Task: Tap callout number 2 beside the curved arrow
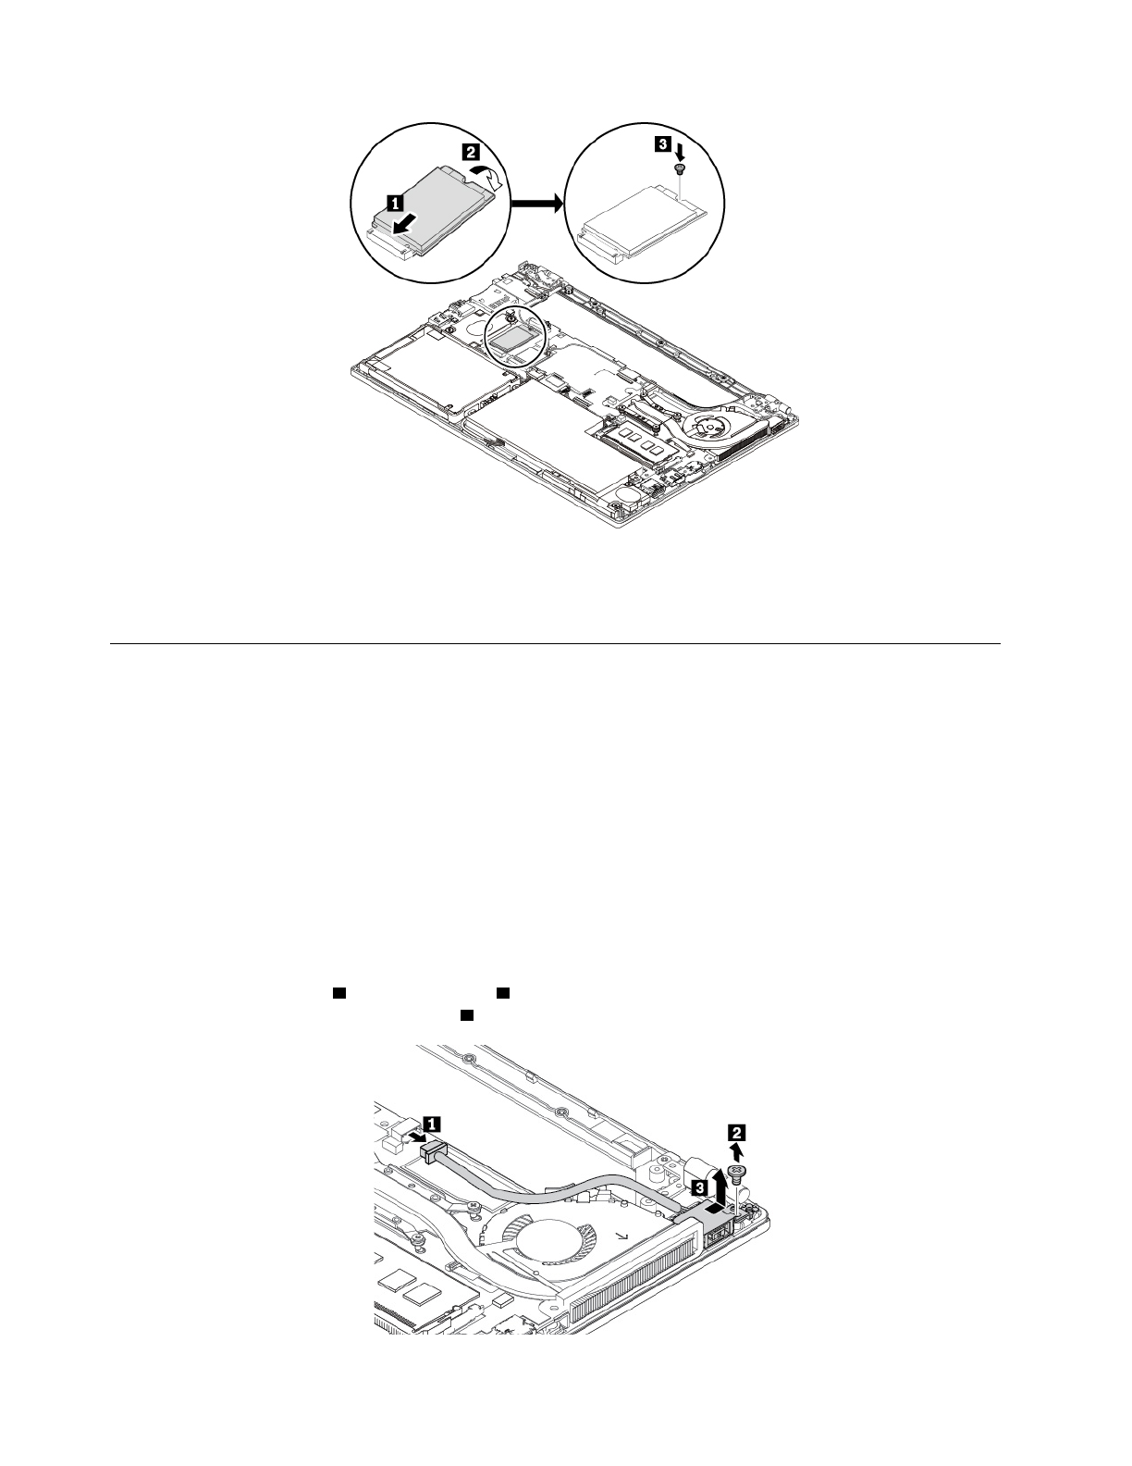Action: pos(471,150)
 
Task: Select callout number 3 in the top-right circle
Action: pos(663,144)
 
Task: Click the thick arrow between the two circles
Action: pos(535,203)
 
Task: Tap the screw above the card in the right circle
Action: pos(680,170)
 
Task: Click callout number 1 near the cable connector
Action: pos(431,1124)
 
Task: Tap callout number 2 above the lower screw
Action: pos(736,1131)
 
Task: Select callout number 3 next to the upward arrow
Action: pos(701,1186)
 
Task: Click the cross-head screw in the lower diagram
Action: pos(737,1173)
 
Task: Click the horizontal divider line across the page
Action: pos(555,643)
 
